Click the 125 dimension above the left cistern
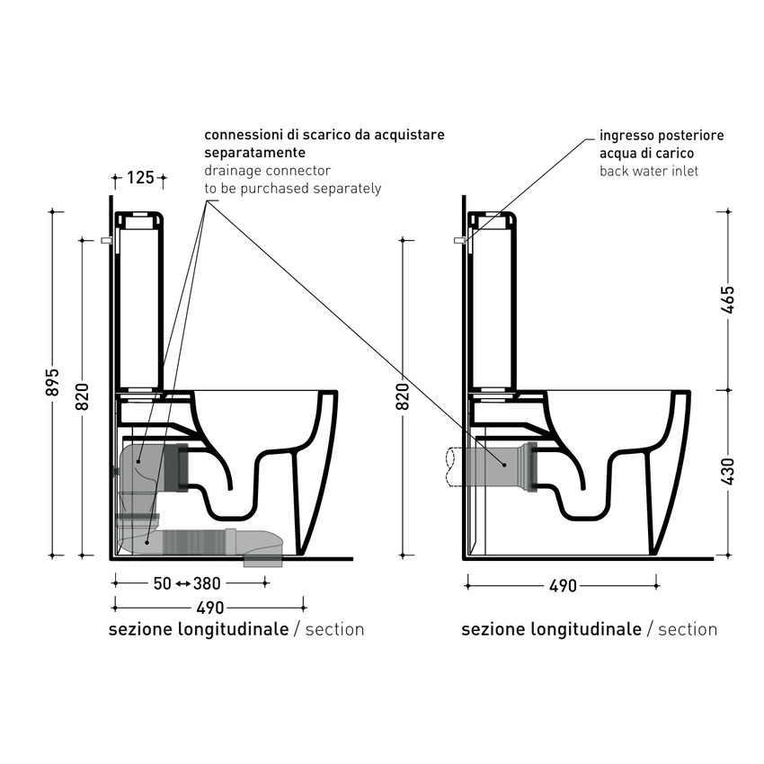[x=140, y=177]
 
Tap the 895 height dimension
[x=54, y=382]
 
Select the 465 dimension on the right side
[x=728, y=299]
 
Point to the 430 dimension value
[x=728, y=471]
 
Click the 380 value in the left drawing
[x=207, y=583]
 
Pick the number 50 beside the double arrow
[x=163, y=583]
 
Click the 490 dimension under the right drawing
[x=563, y=586]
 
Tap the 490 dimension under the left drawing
[x=210, y=609]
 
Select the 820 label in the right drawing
[x=403, y=396]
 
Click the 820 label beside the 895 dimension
[x=83, y=396]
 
